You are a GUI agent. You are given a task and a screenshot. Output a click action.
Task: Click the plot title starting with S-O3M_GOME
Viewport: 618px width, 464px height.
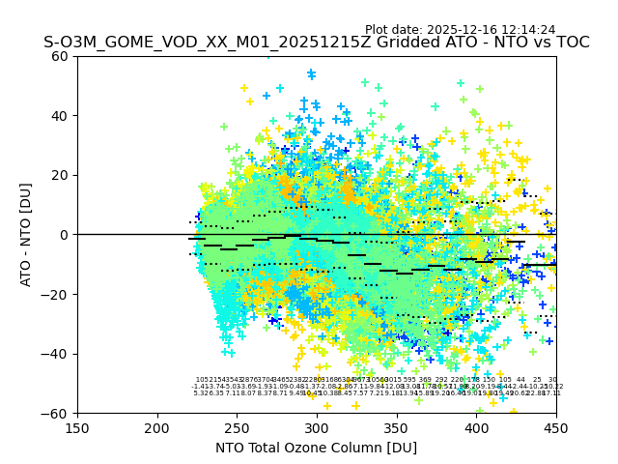316,43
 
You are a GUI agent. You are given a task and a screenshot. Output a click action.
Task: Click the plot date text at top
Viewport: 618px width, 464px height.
460,30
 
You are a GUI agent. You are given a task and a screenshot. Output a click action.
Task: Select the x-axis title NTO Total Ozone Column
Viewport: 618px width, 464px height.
316,448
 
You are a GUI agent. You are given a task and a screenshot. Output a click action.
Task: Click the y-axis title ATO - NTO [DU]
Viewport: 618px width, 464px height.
26,235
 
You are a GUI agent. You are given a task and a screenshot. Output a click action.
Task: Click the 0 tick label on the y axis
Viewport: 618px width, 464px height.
66,235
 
